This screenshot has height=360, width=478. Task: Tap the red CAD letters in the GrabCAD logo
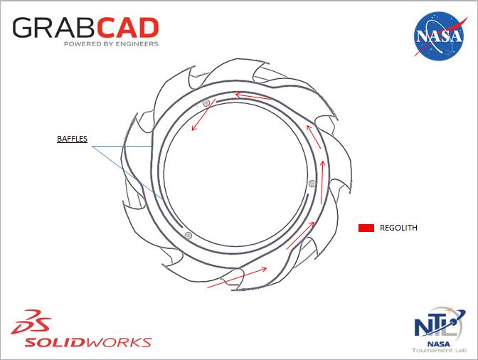(127, 28)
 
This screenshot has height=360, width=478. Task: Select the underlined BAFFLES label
(72, 139)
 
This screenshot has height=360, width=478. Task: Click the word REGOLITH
(399, 228)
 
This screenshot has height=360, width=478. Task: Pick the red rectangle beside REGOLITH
(366, 228)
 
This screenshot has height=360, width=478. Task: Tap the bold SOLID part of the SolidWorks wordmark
(54, 342)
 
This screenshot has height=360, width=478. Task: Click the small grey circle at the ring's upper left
(206, 103)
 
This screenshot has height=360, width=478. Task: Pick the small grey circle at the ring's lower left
(188, 235)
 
